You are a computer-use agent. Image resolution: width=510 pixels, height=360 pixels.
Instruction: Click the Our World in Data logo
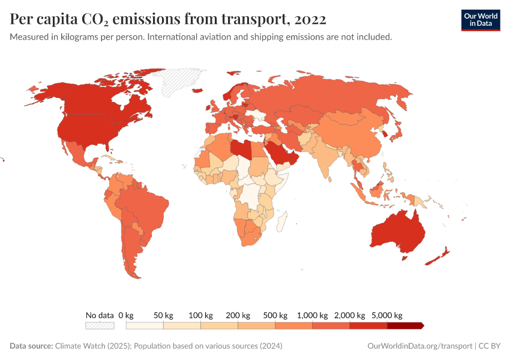point(480,19)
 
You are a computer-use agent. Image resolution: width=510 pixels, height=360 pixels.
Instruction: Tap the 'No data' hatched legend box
point(99,325)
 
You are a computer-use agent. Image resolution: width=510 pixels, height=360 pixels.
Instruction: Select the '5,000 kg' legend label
point(387,315)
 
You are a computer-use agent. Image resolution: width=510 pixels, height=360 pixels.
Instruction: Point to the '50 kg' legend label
point(163,315)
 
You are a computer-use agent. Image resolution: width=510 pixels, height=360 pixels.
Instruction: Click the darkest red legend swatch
point(405,325)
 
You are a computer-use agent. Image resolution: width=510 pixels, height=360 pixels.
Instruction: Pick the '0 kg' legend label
point(125,315)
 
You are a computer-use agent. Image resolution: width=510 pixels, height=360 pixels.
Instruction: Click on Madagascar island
point(281,222)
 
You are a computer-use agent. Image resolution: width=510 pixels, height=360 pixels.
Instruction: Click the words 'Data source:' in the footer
point(31,346)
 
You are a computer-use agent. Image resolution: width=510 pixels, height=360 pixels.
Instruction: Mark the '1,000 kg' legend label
point(313,315)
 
